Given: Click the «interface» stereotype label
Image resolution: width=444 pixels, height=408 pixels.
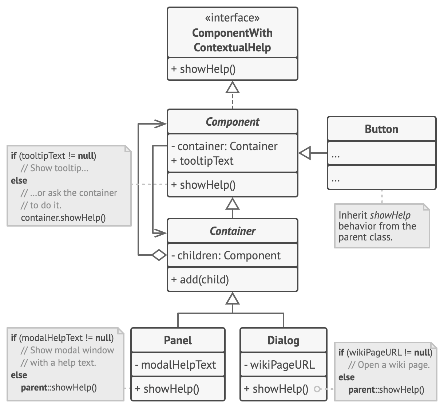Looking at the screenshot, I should tap(232, 18).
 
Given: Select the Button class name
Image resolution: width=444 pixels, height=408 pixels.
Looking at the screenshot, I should tap(381, 129).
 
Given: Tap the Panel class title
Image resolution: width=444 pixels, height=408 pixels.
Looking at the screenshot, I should tap(178, 340).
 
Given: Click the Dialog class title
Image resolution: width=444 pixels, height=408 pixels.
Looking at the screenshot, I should tap(283, 340).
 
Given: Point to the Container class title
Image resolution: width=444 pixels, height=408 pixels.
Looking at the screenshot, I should tap(232, 231).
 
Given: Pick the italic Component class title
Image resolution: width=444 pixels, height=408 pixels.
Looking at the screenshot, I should tap(232, 122).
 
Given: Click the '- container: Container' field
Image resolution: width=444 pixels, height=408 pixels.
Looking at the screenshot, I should tap(224, 146).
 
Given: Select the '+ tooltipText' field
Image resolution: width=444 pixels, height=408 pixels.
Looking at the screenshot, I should tap(202, 161).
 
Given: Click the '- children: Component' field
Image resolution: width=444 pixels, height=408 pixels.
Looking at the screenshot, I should tap(226, 255).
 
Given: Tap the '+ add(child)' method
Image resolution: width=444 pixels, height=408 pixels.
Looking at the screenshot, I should tap(200, 279).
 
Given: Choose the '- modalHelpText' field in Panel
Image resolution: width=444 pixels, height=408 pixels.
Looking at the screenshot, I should tap(175, 365).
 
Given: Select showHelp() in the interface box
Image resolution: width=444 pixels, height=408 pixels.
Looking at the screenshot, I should tap(203, 69).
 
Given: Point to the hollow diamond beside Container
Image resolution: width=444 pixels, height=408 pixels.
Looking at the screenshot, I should tap(159, 255).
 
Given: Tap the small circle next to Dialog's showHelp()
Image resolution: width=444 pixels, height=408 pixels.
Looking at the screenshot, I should tap(317, 389).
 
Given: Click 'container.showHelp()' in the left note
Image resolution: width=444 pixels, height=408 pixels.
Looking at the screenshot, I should tap(63, 217).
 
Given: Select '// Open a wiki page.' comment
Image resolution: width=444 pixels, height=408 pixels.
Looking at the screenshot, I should tap(389, 365).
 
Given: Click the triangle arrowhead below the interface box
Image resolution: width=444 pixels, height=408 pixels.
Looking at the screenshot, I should tap(233, 87).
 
